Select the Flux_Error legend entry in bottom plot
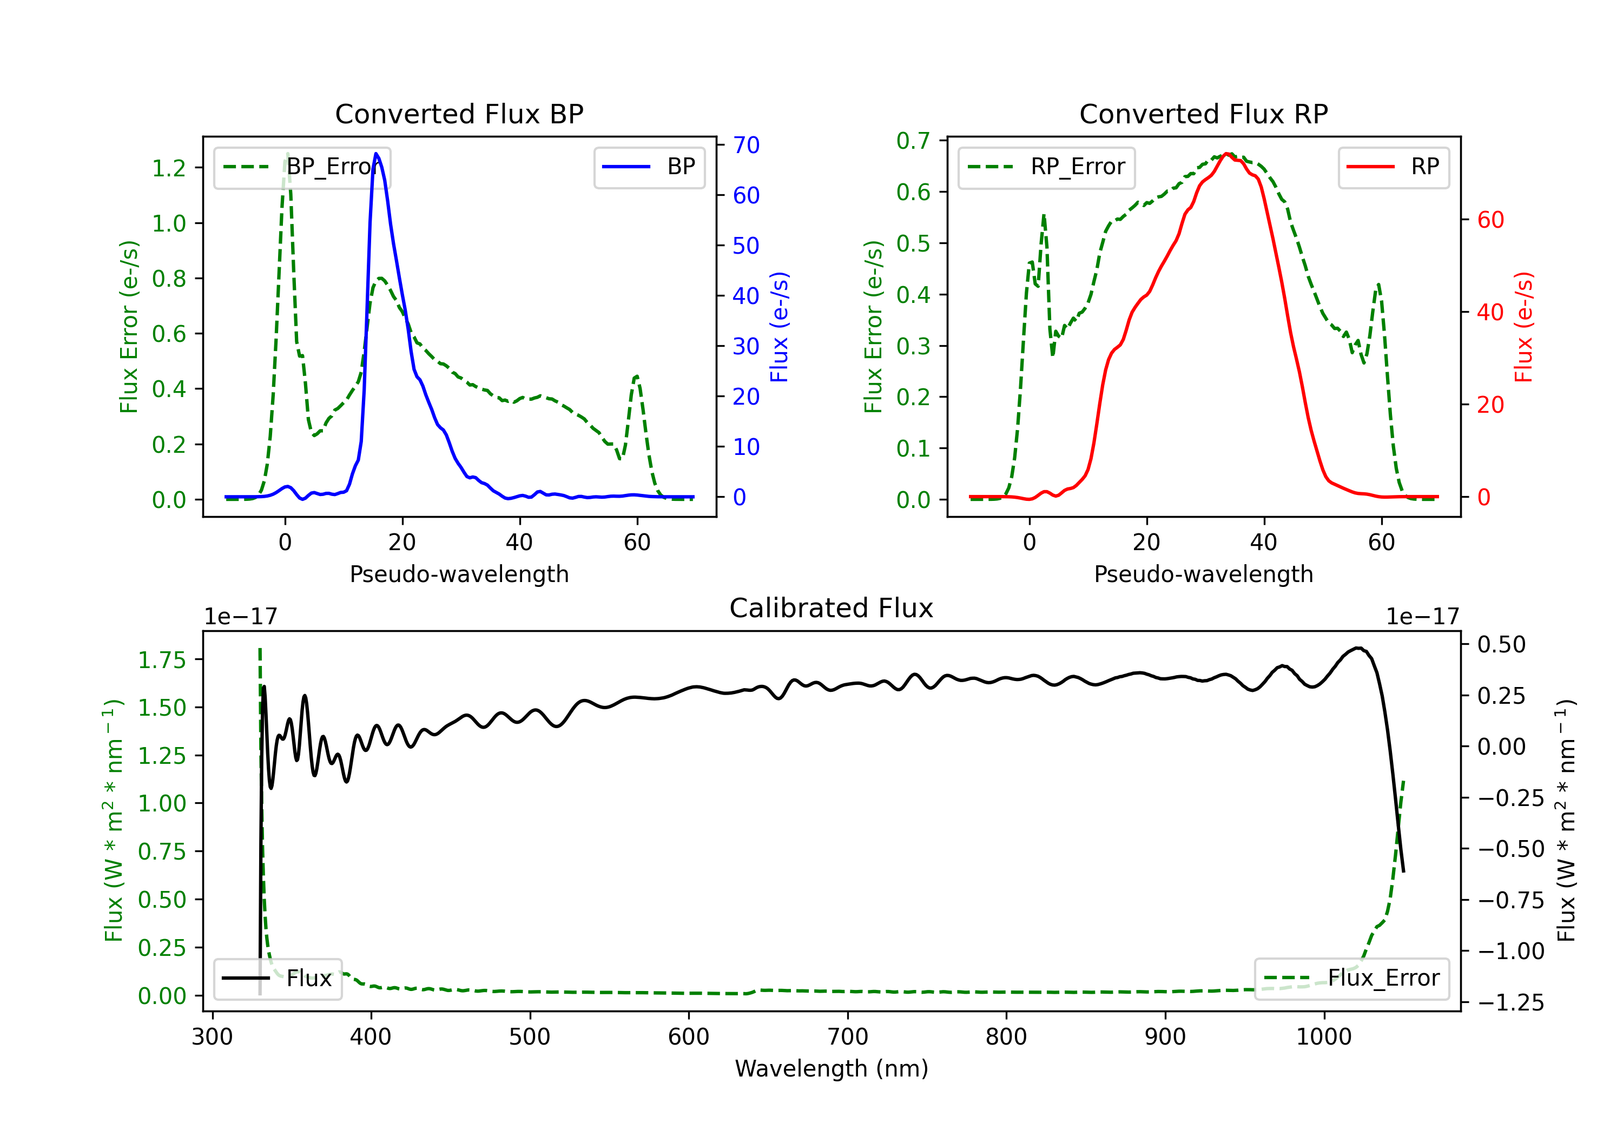[x=1351, y=979]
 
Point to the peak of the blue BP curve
[x=376, y=154]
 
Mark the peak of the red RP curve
[x=1228, y=154]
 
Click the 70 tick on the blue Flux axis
[x=745, y=145]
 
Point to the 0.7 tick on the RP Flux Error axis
[x=913, y=141]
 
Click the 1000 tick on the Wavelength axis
[x=1323, y=1037]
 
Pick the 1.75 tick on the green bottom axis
[x=161, y=661]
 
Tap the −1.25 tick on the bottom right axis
[x=1510, y=1002]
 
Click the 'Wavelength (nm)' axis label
[x=832, y=1068]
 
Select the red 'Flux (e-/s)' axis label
[x=1524, y=327]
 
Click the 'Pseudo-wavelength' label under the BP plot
[x=459, y=574]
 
